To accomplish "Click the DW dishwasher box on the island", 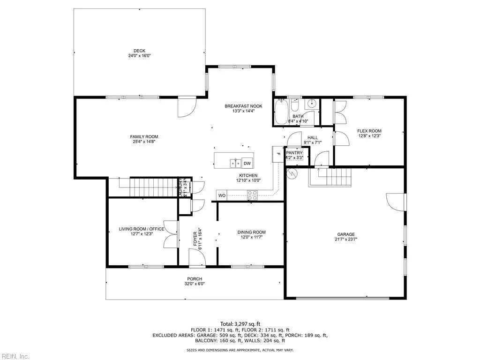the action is click(x=247, y=164).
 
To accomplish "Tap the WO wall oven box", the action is click(x=222, y=195).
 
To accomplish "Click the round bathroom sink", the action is click(x=312, y=104).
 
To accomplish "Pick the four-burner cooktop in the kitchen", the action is click(x=253, y=195).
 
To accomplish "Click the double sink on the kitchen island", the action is click(x=235, y=164).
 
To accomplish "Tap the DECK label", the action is click(x=139, y=51).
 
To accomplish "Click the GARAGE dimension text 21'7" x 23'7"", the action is click(x=346, y=240).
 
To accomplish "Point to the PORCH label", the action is click(x=195, y=279).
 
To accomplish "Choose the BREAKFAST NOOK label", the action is click(x=243, y=106).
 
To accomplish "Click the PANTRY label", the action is click(x=294, y=153).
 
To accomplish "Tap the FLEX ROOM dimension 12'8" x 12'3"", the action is click(x=369, y=135).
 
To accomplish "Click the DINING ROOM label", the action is click(x=252, y=232).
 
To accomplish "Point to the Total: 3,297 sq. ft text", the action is click(x=240, y=324).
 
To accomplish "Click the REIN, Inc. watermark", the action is click(x=15, y=356).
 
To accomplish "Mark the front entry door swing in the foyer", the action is click(x=197, y=257).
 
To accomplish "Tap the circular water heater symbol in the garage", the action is click(x=292, y=173).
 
